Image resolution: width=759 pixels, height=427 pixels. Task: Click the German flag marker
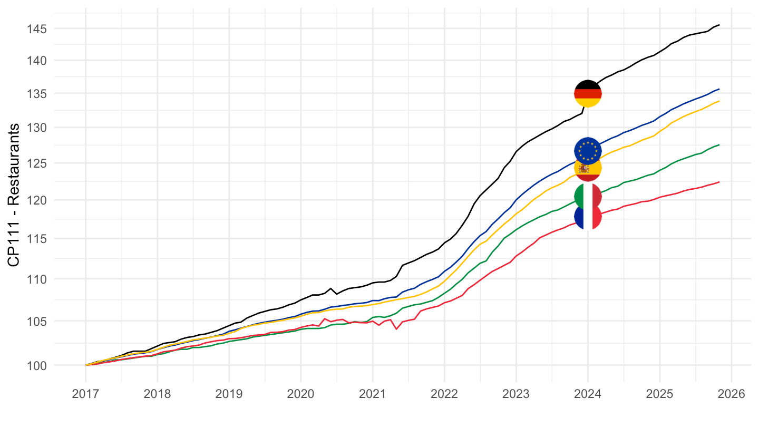(588, 94)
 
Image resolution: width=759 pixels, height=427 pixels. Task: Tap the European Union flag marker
(588, 151)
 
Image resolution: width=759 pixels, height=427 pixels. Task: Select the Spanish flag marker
(588, 168)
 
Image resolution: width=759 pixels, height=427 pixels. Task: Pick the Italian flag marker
(588, 197)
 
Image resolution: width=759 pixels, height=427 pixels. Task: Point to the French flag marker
(588, 216)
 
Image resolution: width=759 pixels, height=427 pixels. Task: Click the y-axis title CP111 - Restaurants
(14, 195)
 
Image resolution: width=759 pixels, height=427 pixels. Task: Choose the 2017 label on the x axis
(85, 394)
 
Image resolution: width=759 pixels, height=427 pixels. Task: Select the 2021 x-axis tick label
(373, 394)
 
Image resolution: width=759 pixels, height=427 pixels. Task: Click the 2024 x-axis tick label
(588, 394)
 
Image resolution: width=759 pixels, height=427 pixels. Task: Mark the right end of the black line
(719, 25)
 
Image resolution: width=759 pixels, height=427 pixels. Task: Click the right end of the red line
(719, 182)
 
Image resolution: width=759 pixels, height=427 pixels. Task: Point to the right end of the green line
(719, 145)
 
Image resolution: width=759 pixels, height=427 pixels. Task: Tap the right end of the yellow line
(719, 101)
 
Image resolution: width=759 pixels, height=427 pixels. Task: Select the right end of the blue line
(719, 89)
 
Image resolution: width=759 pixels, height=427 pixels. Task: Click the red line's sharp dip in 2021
(396, 329)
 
